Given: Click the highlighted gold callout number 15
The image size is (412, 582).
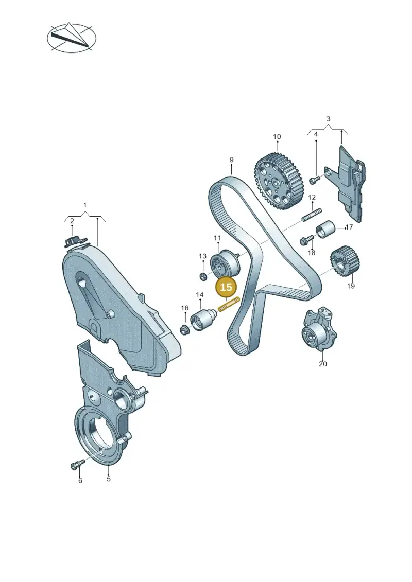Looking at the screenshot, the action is (226, 287).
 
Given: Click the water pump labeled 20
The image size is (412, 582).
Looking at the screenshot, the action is (319, 328).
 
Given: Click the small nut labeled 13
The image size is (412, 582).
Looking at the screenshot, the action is (203, 276).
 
